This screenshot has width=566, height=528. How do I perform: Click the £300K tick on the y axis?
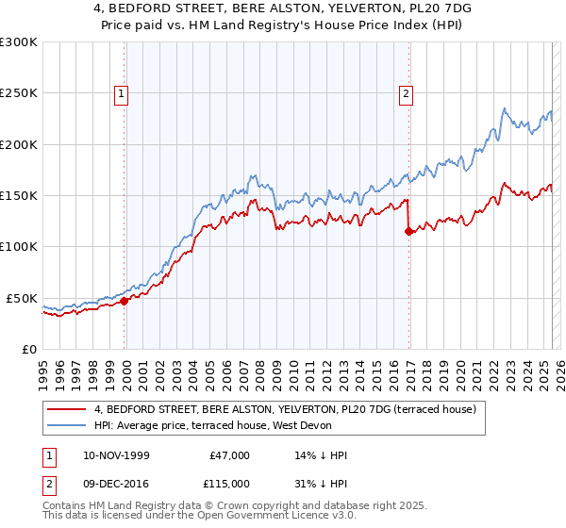pos(19,42)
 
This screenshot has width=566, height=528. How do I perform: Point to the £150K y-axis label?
pos(19,195)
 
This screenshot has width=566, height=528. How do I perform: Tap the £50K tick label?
pos(22,298)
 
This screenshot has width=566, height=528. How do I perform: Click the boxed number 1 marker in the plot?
pos(124,93)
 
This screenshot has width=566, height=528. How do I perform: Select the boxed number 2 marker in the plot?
pos(406,93)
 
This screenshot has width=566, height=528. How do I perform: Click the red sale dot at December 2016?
pos(408,232)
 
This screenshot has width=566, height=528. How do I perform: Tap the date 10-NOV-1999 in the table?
pos(121,455)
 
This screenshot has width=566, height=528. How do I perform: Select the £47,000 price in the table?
pos(228,455)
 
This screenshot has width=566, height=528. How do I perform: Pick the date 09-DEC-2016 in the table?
pos(121,484)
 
